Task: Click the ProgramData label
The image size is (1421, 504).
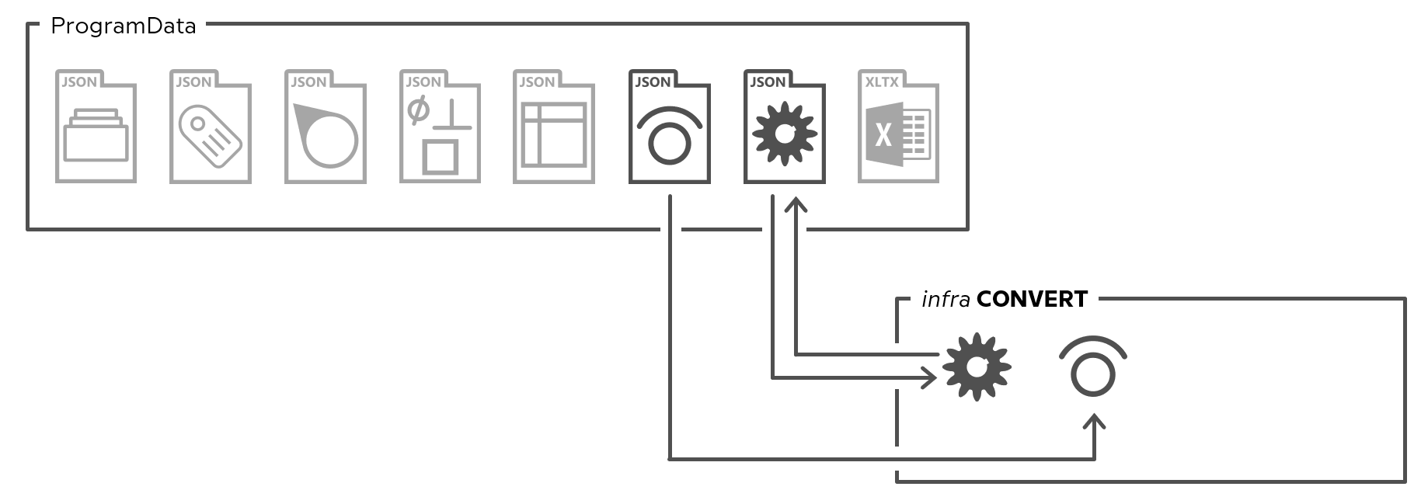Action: [x=123, y=27]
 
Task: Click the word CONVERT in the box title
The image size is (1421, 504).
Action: [x=1032, y=299]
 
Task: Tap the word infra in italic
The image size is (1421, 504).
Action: [x=946, y=299]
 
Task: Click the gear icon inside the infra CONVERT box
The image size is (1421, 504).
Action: [x=977, y=367]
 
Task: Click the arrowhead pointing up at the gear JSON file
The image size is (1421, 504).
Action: [x=796, y=204]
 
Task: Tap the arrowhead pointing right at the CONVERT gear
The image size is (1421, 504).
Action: [x=929, y=378]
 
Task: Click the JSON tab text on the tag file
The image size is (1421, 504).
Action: [x=193, y=82]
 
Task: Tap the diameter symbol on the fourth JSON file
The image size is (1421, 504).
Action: [x=418, y=110]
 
